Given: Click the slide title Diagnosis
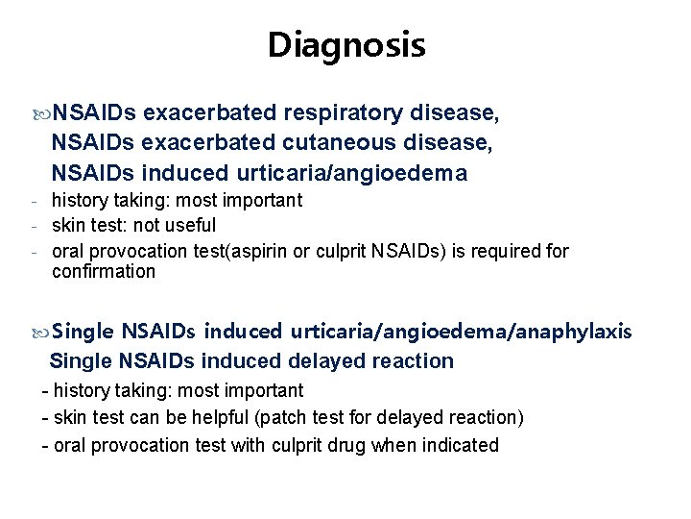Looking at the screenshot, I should pyautogui.click(x=345, y=45).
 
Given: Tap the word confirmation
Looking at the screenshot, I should pyautogui.click(x=103, y=272).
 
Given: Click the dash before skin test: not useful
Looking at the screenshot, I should pyautogui.click(x=34, y=226).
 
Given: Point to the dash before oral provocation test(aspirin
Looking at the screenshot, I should pyautogui.click(x=34, y=252).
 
